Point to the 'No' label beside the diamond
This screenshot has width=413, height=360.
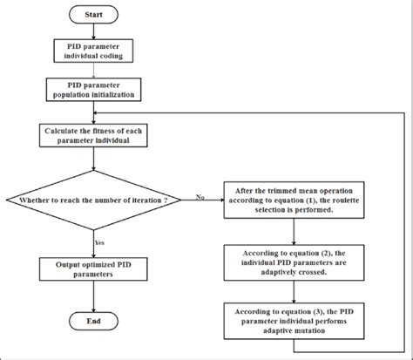point(201,197)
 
